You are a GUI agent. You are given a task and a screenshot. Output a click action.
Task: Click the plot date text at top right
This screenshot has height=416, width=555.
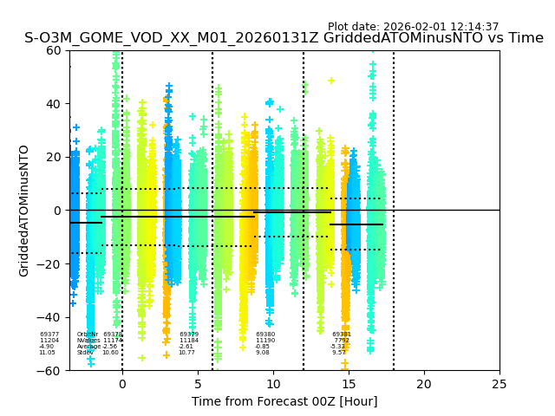[x=413, y=27]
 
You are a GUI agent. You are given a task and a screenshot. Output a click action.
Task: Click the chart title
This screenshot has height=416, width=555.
[x=284, y=38]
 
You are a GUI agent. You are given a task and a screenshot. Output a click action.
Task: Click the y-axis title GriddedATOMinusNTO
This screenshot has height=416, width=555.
[x=24, y=211]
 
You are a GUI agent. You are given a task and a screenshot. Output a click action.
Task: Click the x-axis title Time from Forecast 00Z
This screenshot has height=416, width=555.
[x=284, y=401]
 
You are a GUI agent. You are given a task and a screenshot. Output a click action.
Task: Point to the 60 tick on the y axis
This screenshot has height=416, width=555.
[x=56, y=50]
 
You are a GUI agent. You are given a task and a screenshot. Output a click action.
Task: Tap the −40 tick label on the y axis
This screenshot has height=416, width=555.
[x=52, y=317]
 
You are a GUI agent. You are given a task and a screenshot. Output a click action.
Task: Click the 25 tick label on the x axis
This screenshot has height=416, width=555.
[x=499, y=384]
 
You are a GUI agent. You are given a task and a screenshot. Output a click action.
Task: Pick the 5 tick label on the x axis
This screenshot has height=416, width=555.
[x=198, y=384]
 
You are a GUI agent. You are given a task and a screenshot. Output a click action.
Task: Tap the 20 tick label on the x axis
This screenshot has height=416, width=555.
[x=424, y=384]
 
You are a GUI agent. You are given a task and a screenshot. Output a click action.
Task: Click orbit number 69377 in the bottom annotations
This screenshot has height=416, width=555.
[x=49, y=335]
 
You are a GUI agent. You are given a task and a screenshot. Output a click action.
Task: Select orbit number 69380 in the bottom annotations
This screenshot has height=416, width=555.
[x=265, y=335]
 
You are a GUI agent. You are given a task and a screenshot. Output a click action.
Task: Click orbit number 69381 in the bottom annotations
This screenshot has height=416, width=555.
[x=342, y=335]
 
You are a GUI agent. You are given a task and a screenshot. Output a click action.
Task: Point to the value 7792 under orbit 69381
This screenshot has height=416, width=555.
[x=342, y=341]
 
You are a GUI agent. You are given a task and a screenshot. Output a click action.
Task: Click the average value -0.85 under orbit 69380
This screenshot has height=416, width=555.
[x=262, y=347]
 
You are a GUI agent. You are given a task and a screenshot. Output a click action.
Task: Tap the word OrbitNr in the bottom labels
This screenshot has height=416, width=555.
[x=87, y=335]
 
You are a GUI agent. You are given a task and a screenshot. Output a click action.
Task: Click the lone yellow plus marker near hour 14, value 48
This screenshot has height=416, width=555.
[x=331, y=81]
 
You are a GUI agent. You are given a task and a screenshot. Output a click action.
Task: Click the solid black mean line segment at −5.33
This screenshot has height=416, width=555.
[x=356, y=224]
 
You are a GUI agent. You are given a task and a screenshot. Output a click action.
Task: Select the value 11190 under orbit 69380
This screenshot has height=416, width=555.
[x=265, y=341]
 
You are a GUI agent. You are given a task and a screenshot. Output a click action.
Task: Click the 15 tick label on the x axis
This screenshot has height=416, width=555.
[x=349, y=384]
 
